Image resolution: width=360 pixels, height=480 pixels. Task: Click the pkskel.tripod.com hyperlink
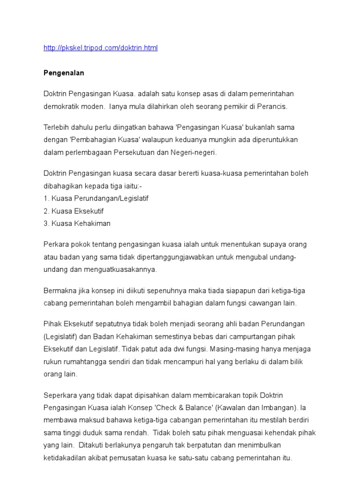click(x=100, y=48)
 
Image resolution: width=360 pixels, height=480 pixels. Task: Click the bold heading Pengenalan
click(x=63, y=73)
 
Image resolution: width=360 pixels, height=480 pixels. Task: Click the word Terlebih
click(x=57, y=127)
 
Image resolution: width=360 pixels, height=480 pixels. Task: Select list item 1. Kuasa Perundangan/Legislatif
click(x=96, y=198)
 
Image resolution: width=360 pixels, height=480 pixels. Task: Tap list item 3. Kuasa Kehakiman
click(x=77, y=223)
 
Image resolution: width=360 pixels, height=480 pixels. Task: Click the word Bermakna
click(x=60, y=291)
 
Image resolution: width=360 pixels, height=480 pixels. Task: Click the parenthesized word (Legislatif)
click(x=62, y=337)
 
